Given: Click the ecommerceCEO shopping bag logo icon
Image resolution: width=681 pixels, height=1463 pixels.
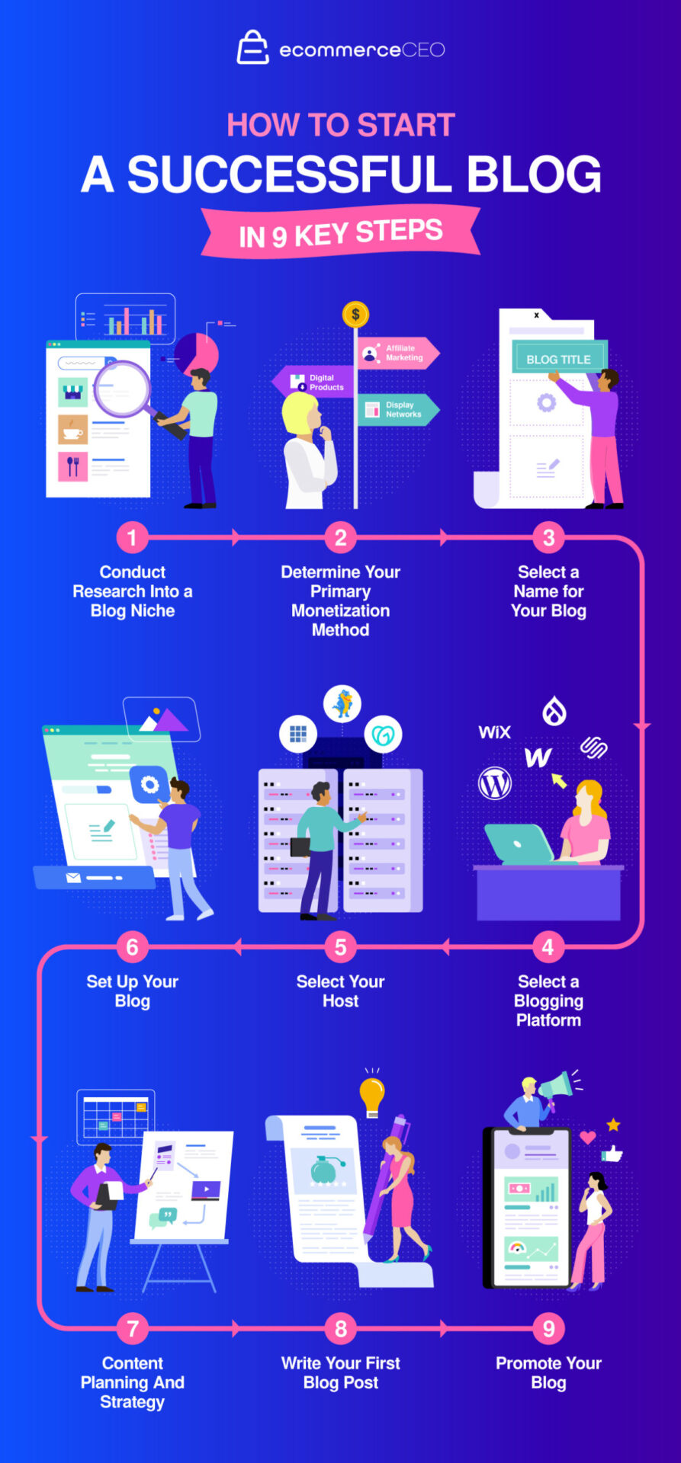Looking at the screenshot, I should [x=252, y=47].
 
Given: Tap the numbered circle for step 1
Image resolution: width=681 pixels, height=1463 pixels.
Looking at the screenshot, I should [x=132, y=537].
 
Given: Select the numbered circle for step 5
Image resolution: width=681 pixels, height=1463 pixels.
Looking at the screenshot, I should [x=340, y=947].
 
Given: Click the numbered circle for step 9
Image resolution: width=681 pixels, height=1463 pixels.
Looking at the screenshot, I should [x=548, y=1329].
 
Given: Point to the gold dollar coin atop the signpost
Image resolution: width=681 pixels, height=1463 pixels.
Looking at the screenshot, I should [x=355, y=314].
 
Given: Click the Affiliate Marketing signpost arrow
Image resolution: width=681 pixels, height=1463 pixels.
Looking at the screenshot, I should [x=397, y=353].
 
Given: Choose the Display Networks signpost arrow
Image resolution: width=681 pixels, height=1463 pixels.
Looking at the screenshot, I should [x=397, y=410].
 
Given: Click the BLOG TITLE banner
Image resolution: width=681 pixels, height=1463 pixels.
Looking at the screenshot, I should [x=558, y=359].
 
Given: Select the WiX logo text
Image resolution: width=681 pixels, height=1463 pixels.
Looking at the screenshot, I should [x=494, y=732].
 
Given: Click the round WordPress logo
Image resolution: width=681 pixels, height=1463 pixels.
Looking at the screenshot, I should [x=495, y=783].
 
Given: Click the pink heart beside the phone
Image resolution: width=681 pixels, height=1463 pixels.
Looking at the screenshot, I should [x=587, y=1138].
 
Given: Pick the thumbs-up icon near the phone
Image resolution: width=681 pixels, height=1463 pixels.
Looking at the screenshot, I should [x=612, y=1154].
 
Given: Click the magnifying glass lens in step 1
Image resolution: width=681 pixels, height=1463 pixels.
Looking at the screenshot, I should [x=121, y=389].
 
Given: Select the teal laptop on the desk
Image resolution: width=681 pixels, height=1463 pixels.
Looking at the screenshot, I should [x=520, y=844].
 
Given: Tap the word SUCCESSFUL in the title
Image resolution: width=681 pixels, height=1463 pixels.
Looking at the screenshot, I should [x=289, y=174].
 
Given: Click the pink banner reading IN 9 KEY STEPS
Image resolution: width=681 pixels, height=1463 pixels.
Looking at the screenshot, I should [x=340, y=233].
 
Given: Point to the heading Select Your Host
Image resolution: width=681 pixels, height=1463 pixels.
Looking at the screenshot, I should [x=340, y=991].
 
